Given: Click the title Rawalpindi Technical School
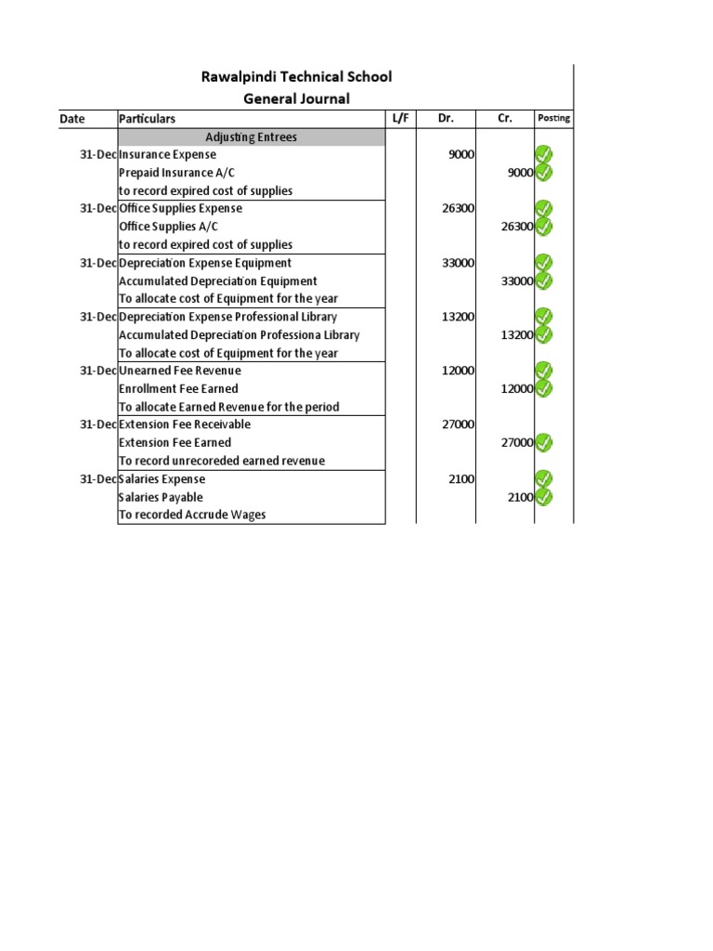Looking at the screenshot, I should tap(296, 76).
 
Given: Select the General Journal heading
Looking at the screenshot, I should tap(296, 98).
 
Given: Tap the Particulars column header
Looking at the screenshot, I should tap(147, 119).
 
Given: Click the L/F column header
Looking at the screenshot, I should tap(400, 118).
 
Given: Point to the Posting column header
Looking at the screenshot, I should tap(553, 118).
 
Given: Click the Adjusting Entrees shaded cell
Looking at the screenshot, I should tap(251, 137).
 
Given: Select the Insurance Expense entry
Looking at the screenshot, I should tap(167, 155).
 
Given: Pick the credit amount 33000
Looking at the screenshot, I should tap(516, 281).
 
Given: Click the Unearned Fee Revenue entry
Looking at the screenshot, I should tap(179, 371).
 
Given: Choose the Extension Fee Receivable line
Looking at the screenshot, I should tap(184, 424).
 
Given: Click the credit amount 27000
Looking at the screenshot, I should tap(516, 443).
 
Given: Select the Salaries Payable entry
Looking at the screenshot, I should tap(161, 497).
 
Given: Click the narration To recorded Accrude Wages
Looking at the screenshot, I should tap(191, 515).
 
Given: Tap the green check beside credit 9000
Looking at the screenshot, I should tap(544, 172).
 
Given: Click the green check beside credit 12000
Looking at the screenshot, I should tap(544, 388).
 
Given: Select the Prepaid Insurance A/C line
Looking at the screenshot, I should tap(170, 173).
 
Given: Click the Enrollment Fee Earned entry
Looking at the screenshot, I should tap(178, 388).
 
